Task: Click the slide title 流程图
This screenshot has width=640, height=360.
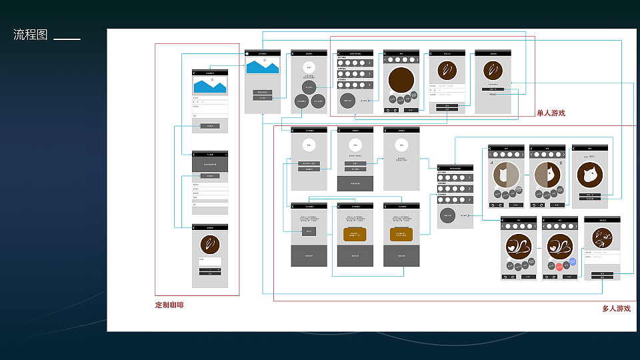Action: coord(31,35)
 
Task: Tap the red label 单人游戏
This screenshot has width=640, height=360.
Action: coord(551,113)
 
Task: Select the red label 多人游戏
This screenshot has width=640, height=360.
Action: coord(616,309)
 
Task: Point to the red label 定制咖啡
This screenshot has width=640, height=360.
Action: coord(169,305)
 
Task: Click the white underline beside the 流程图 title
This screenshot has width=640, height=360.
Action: coord(67,39)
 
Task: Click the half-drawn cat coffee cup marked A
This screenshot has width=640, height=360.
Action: coord(506,175)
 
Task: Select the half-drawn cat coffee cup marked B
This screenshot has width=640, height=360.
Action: coord(547,175)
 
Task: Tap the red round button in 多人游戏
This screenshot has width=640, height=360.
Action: coord(559,267)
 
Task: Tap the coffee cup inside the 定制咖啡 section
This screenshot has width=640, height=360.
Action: coord(210,245)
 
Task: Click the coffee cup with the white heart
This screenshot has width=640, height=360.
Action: coord(518,247)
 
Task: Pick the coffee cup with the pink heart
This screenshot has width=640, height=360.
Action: coord(559,247)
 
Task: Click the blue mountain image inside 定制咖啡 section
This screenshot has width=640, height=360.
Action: coord(210,85)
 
